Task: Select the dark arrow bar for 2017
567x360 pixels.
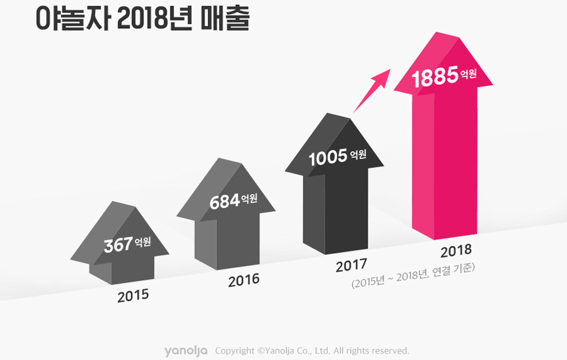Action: pyautogui.click(x=336, y=205)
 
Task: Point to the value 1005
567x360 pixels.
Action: pyautogui.click(x=327, y=158)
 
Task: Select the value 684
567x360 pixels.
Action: pyautogui.click(x=224, y=202)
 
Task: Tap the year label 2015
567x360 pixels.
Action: pyautogui.click(x=133, y=295)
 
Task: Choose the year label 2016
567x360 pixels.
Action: pyautogui.click(x=244, y=280)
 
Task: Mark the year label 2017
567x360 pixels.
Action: pyautogui.click(x=351, y=265)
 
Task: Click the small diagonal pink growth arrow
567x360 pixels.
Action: pyautogui.click(x=372, y=90)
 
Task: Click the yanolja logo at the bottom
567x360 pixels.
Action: pyautogui.click(x=186, y=351)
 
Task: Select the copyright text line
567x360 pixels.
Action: pyautogui.click(x=312, y=351)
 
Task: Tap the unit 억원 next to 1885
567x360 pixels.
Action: pyautogui.click(x=468, y=74)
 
